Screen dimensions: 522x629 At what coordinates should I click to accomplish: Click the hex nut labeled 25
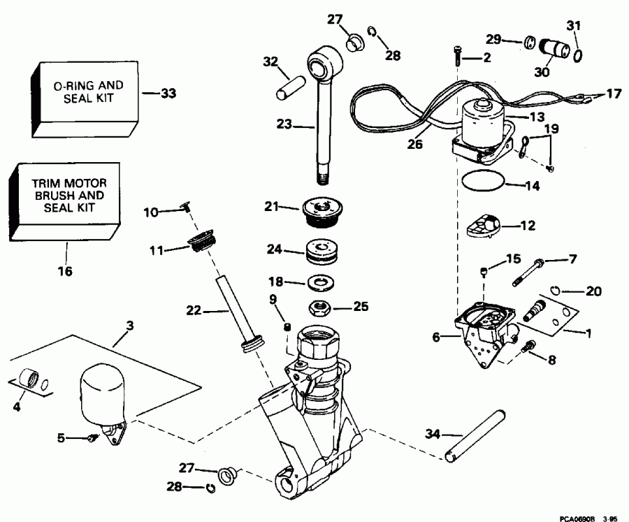[322, 307]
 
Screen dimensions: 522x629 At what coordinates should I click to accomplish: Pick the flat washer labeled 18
[322, 282]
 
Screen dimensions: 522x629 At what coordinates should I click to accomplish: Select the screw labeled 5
[92, 438]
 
